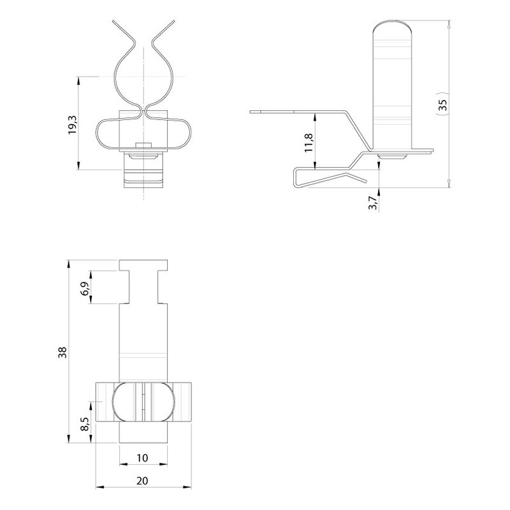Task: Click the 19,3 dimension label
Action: pyautogui.click(x=72, y=125)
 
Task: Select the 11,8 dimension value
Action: pyautogui.click(x=309, y=143)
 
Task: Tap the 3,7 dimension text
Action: pyautogui.click(x=373, y=203)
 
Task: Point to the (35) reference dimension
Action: pyautogui.click(x=442, y=104)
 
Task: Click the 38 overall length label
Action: pyautogui.click(x=62, y=353)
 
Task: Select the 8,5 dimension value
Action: pyautogui.click(x=85, y=424)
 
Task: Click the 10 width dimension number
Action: pyautogui.click(x=142, y=458)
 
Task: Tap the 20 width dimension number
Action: pyautogui.click(x=142, y=481)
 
